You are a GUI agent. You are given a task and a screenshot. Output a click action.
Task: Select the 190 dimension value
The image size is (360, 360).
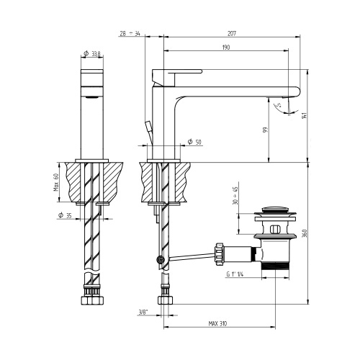226,48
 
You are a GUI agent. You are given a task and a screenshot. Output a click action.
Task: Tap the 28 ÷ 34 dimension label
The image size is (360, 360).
131,33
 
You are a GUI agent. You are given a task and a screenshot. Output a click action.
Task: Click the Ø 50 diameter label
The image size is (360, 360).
194,142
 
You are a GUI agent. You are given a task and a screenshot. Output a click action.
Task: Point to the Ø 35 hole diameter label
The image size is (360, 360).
65,215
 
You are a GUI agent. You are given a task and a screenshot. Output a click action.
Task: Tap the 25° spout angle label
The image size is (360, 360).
278,107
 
